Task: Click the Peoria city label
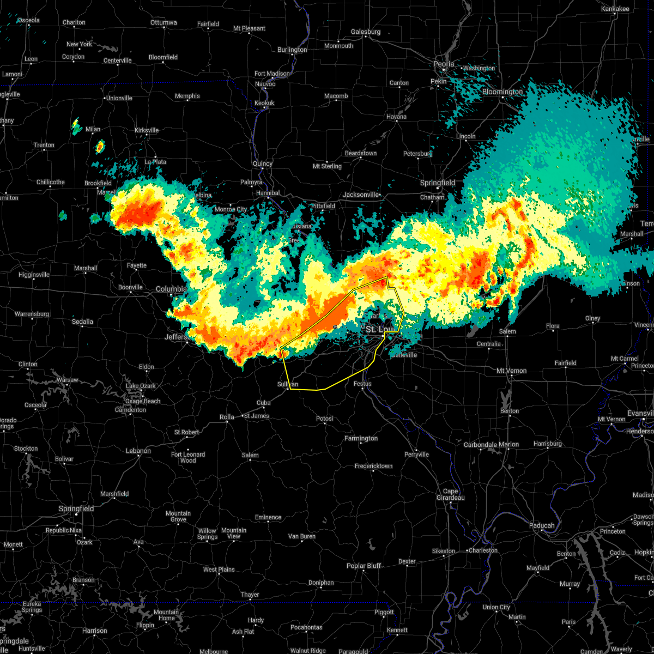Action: (444, 64)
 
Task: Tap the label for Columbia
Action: (171, 289)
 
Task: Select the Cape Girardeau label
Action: (450, 494)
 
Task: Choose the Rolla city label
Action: (227, 417)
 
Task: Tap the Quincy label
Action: (262, 164)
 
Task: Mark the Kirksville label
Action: (147, 130)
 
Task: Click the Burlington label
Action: (292, 50)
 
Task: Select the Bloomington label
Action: (502, 92)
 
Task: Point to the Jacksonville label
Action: (361, 195)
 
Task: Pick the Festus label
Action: (362, 384)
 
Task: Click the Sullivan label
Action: (288, 384)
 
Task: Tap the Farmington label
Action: (361, 438)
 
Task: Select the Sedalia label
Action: (82, 322)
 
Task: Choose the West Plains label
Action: (219, 570)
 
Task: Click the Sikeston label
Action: (443, 551)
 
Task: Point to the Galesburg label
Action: (366, 32)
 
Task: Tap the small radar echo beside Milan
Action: (76, 126)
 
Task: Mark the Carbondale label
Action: (480, 445)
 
